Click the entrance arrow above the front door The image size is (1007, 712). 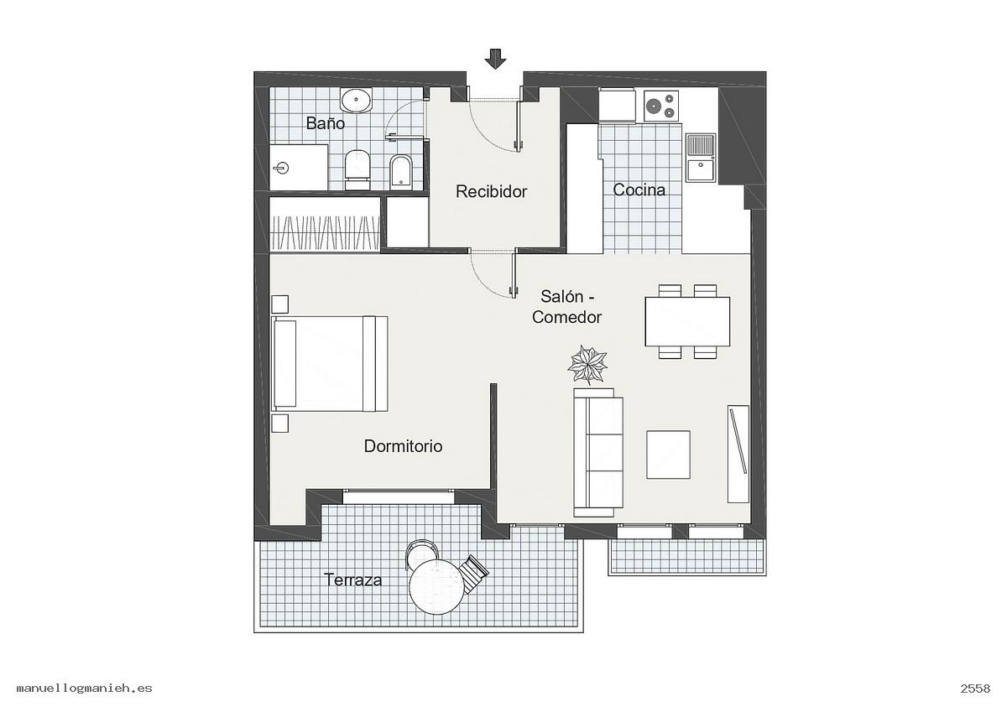tap(495, 59)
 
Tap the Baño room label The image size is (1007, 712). tap(325, 123)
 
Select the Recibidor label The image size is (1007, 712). tap(491, 192)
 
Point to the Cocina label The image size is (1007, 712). tap(639, 190)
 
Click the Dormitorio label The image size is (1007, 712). tap(403, 446)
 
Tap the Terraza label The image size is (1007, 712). tap(353, 580)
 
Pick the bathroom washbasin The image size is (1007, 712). tap(356, 100)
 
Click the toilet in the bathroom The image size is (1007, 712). tap(357, 169)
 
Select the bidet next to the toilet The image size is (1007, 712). tap(400, 171)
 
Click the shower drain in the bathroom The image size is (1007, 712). tap(281, 168)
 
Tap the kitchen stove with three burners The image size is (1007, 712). tap(661, 106)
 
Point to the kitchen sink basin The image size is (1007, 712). tap(701, 169)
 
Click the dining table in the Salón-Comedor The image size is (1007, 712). tap(687, 322)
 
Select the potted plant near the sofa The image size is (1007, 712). tap(587, 364)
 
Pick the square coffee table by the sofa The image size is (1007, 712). tap(668, 455)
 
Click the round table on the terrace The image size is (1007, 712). tap(437, 586)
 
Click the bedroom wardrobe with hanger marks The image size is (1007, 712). tap(325, 224)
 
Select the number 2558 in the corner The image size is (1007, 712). tap(975, 689)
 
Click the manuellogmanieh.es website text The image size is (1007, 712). tap(85, 689)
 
